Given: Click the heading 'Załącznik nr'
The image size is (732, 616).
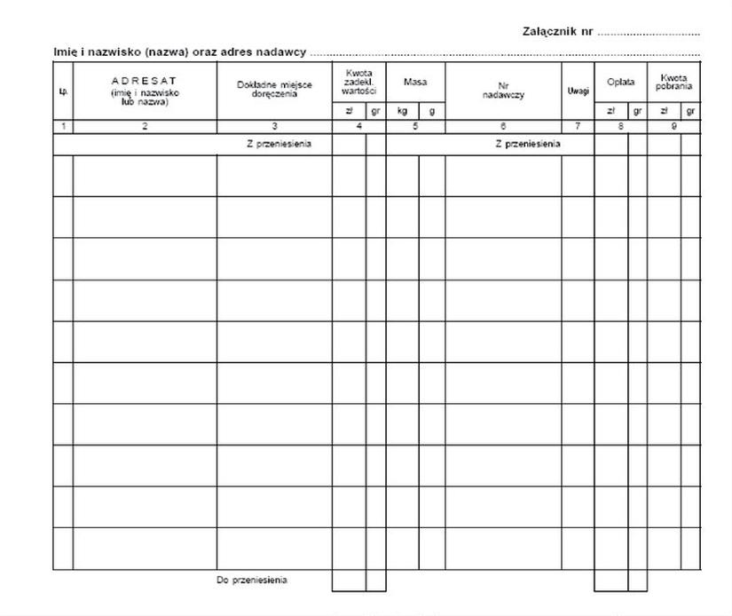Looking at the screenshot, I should point(558,33).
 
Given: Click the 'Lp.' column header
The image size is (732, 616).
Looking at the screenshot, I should point(63,91).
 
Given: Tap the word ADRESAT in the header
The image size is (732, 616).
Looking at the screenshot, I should point(145,81).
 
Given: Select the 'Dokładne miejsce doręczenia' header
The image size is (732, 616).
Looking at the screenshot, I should point(274,90).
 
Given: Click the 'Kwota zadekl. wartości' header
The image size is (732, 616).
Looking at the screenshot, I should point(358,82).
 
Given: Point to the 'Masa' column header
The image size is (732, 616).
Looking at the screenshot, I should point(414,82).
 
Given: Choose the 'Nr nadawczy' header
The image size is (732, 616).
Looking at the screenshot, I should point(502,91).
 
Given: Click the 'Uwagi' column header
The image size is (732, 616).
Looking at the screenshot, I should point(578,91).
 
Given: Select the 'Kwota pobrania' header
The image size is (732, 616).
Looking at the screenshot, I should point(673,82).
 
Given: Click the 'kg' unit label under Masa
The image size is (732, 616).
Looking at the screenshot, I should point(402,112).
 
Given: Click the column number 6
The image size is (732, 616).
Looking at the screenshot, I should point(502,127).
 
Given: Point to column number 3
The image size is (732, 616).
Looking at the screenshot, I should point(274,127).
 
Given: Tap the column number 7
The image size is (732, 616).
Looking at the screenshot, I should point(578,127).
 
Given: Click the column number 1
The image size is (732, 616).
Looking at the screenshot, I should point(63,127).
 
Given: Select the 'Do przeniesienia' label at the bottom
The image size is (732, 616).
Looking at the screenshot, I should point(252,580).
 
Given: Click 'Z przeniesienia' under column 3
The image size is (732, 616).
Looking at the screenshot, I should point(279,144).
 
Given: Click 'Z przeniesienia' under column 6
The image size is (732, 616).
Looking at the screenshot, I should point(527,144).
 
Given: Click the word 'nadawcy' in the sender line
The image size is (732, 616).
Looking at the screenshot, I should point(281,52).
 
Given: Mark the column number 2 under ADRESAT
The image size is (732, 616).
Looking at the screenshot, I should point(145,127).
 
